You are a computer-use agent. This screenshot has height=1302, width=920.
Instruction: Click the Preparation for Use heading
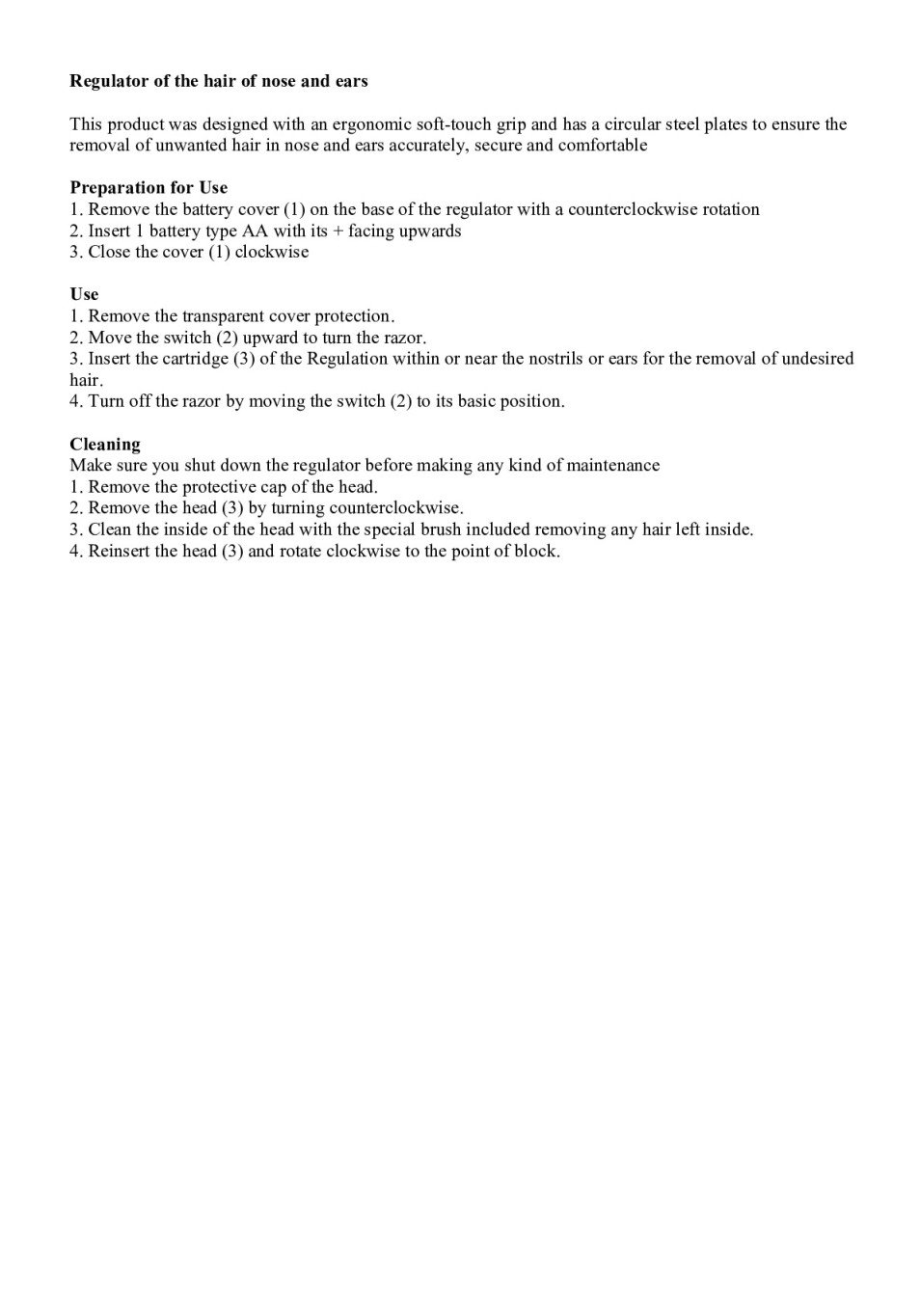coord(149,188)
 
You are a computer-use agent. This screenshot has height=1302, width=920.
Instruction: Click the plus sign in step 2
coord(338,231)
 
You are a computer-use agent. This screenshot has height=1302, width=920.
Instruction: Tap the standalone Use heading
coord(84,294)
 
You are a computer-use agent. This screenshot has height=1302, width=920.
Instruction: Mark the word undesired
coord(818,359)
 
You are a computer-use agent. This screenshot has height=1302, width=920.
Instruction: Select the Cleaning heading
coord(105,445)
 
